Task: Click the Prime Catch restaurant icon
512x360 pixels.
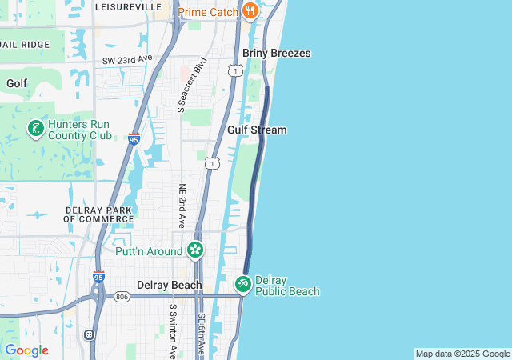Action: [250, 11]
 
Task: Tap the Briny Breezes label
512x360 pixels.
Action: [277, 53]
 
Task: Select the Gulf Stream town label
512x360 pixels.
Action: [257, 130]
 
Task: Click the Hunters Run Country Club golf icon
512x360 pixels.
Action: [35, 129]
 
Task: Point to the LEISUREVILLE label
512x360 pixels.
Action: [128, 6]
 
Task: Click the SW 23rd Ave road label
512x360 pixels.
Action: [127, 60]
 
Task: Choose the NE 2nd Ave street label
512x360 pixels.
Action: [182, 205]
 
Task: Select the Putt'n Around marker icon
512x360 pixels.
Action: [194, 251]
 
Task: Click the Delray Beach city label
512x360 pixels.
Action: [170, 285]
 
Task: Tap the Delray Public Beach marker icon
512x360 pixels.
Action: [243, 284]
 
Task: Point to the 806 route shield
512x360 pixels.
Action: [122, 297]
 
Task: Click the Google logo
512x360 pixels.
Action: [26, 350]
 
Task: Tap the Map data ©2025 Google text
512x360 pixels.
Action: [462, 354]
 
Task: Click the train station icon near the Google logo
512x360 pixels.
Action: [90, 334]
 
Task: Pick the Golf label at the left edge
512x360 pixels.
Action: [17, 83]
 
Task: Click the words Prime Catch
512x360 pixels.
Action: [207, 12]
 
